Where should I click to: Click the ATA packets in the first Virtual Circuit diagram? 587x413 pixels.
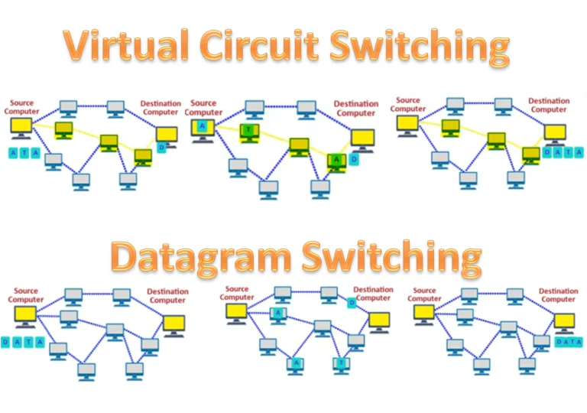pos(24,153)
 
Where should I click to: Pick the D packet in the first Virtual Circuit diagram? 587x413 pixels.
pos(161,147)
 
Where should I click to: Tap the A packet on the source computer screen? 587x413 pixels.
pos(202,126)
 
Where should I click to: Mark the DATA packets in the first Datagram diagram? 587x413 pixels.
pos(23,342)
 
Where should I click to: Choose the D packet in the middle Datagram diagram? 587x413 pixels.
pos(352,303)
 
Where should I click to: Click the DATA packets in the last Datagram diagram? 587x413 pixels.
pos(568,342)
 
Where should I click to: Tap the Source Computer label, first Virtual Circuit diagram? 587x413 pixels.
pos(22,107)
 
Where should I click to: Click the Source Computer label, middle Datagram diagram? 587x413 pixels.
pos(237,293)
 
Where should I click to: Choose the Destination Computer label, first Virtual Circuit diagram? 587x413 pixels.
pos(161,108)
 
